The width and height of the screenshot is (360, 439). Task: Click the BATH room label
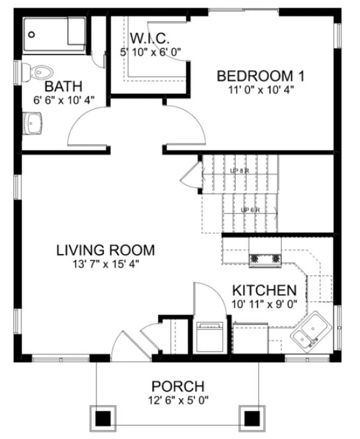pyautogui.click(x=64, y=86)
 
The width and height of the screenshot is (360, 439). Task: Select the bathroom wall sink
pyautogui.click(x=33, y=122)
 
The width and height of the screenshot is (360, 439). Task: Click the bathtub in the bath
pyautogui.click(x=54, y=35)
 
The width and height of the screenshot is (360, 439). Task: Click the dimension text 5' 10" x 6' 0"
pyautogui.click(x=151, y=50)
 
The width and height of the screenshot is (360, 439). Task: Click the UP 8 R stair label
pyautogui.click(x=239, y=171)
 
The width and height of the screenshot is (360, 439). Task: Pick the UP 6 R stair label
pyautogui.click(x=249, y=210)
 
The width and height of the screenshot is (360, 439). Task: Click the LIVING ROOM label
pyautogui.click(x=105, y=251)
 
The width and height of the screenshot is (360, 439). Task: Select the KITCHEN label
pyautogui.click(x=263, y=290)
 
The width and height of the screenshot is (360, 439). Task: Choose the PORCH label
pyautogui.click(x=177, y=386)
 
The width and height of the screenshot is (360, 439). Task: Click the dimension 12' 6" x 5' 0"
pyautogui.click(x=177, y=401)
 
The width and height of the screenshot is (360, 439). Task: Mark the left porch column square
pyautogui.click(x=103, y=418)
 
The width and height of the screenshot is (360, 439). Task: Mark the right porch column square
pyautogui.click(x=251, y=418)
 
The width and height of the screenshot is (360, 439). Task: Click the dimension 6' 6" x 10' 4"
pyautogui.click(x=64, y=100)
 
